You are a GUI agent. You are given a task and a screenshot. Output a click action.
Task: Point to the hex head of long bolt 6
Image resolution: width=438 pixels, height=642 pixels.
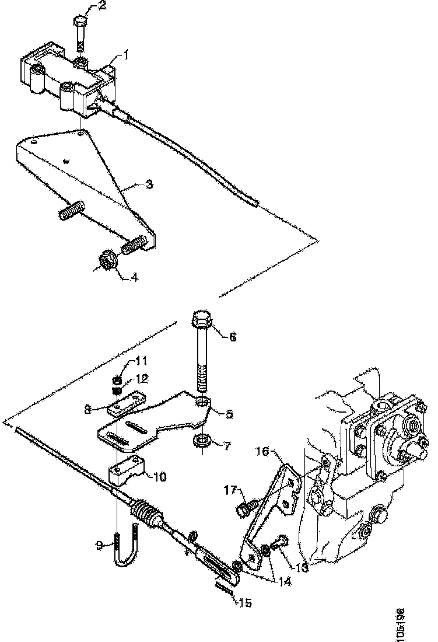[x=201, y=321]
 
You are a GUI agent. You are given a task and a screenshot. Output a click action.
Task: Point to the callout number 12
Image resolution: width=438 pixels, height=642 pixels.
[x=142, y=379]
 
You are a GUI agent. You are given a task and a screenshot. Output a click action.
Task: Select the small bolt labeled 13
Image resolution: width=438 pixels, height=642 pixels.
[x=278, y=542]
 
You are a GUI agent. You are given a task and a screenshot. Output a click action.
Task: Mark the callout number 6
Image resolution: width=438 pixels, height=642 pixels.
[x=233, y=337]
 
